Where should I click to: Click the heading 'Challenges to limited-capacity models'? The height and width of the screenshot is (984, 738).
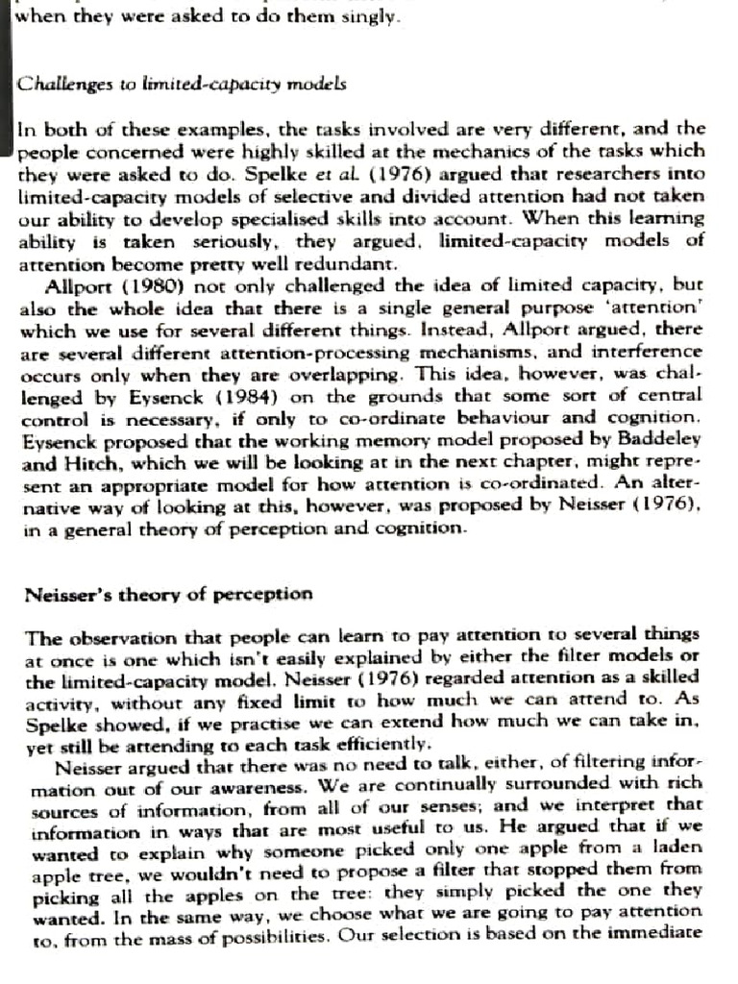(x=182, y=84)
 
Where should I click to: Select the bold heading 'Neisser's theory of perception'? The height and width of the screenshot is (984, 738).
(x=168, y=594)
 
